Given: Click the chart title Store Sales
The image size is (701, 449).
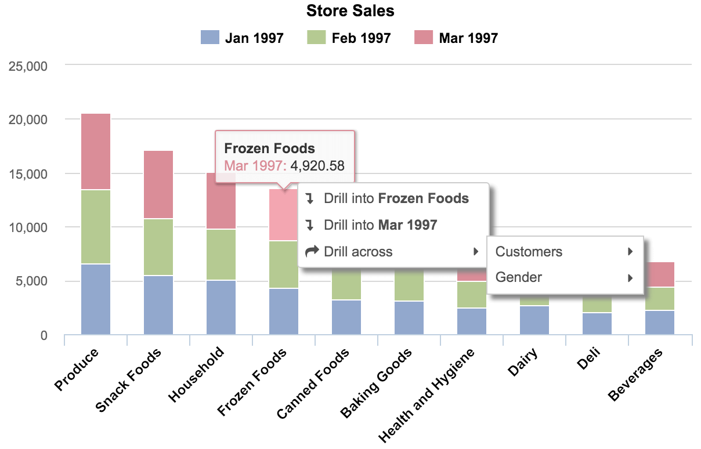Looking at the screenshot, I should tap(350, 10).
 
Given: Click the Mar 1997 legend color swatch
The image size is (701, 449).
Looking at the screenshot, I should tap(424, 38).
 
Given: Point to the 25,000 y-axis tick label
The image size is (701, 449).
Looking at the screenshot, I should tap(28, 66).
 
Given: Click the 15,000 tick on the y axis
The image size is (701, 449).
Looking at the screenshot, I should tap(28, 173).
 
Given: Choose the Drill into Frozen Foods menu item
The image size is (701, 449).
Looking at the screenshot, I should tap(396, 198).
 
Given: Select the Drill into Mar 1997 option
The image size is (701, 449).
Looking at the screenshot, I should tap(380, 225).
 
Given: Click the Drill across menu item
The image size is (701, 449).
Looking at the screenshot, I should tap(358, 252).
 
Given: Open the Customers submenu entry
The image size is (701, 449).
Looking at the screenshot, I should tap(529, 252).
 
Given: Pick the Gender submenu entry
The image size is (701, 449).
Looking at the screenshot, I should tap(518, 277).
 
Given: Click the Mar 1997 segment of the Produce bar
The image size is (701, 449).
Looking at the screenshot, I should tap(96, 151).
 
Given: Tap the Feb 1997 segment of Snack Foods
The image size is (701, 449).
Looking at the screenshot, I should tap(158, 247).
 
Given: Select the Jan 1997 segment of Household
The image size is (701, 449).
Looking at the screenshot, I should tap(221, 307).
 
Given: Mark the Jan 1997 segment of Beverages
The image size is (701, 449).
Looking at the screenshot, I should tap(660, 322).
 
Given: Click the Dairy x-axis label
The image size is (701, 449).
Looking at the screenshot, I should tap(522, 362).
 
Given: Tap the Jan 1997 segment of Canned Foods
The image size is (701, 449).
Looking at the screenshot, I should tap(346, 317).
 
